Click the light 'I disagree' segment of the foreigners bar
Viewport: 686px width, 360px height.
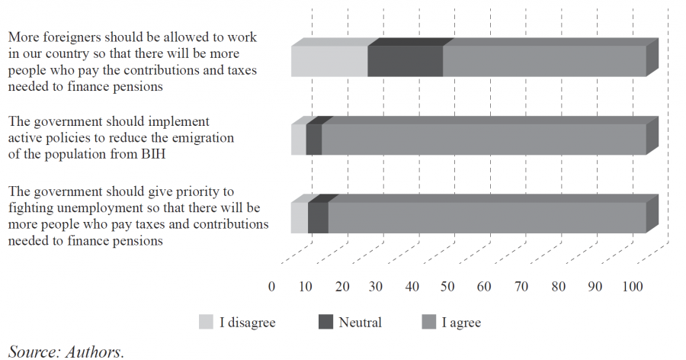(x=329, y=61)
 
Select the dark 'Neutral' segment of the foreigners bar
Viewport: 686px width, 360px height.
(x=405, y=61)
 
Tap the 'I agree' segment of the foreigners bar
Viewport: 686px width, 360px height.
(x=544, y=61)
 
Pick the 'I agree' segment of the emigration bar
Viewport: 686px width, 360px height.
(x=483, y=140)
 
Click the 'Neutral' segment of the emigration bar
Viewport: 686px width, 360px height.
(x=314, y=140)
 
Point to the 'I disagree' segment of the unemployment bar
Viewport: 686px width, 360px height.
(x=300, y=217)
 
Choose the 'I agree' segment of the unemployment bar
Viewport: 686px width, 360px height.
(x=487, y=217)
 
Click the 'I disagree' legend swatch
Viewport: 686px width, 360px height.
(x=207, y=323)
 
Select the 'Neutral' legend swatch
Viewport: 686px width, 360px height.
(x=325, y=323)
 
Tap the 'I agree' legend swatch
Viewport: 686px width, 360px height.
(x=429, y=323)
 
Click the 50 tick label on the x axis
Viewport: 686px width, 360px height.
(x=449, y=287)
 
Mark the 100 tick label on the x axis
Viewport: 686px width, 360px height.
(x=633, y=287)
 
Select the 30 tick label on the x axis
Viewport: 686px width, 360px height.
(x=377, y=287)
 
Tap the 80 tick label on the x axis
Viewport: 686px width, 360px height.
(x=559, y=287)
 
